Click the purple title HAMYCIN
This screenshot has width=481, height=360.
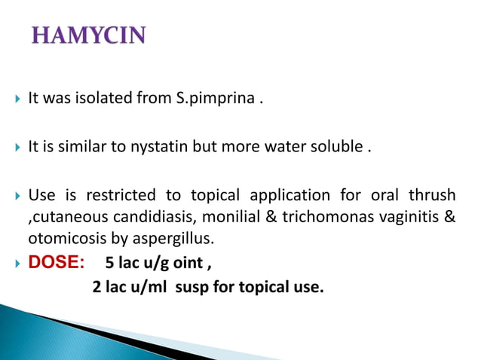pyautogui.click(x=88, y=35)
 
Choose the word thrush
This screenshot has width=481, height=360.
pyautogui.click(x=431, y=196)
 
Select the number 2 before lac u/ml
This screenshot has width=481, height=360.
pyautogui.click(x=97, y=287)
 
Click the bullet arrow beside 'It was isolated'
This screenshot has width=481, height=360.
pyautogui.click(x=17, y=99)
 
